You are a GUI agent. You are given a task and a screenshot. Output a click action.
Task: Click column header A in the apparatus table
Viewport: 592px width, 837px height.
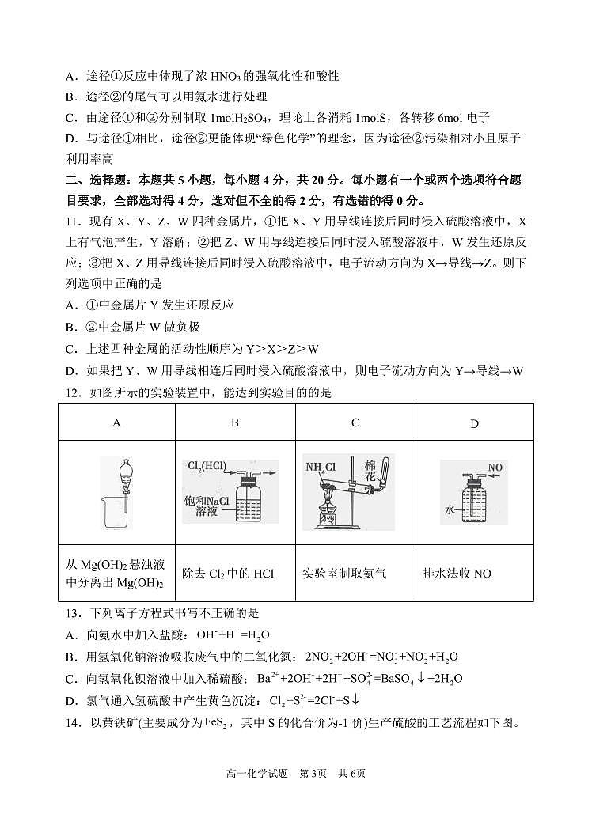coord(116,423)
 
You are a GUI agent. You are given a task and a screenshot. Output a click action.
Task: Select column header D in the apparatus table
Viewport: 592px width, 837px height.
coord(474,424)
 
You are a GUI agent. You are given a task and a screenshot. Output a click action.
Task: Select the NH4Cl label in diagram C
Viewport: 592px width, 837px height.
coord(321,466)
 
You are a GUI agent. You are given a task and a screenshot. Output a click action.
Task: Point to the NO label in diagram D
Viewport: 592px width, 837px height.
coord(495,468)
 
